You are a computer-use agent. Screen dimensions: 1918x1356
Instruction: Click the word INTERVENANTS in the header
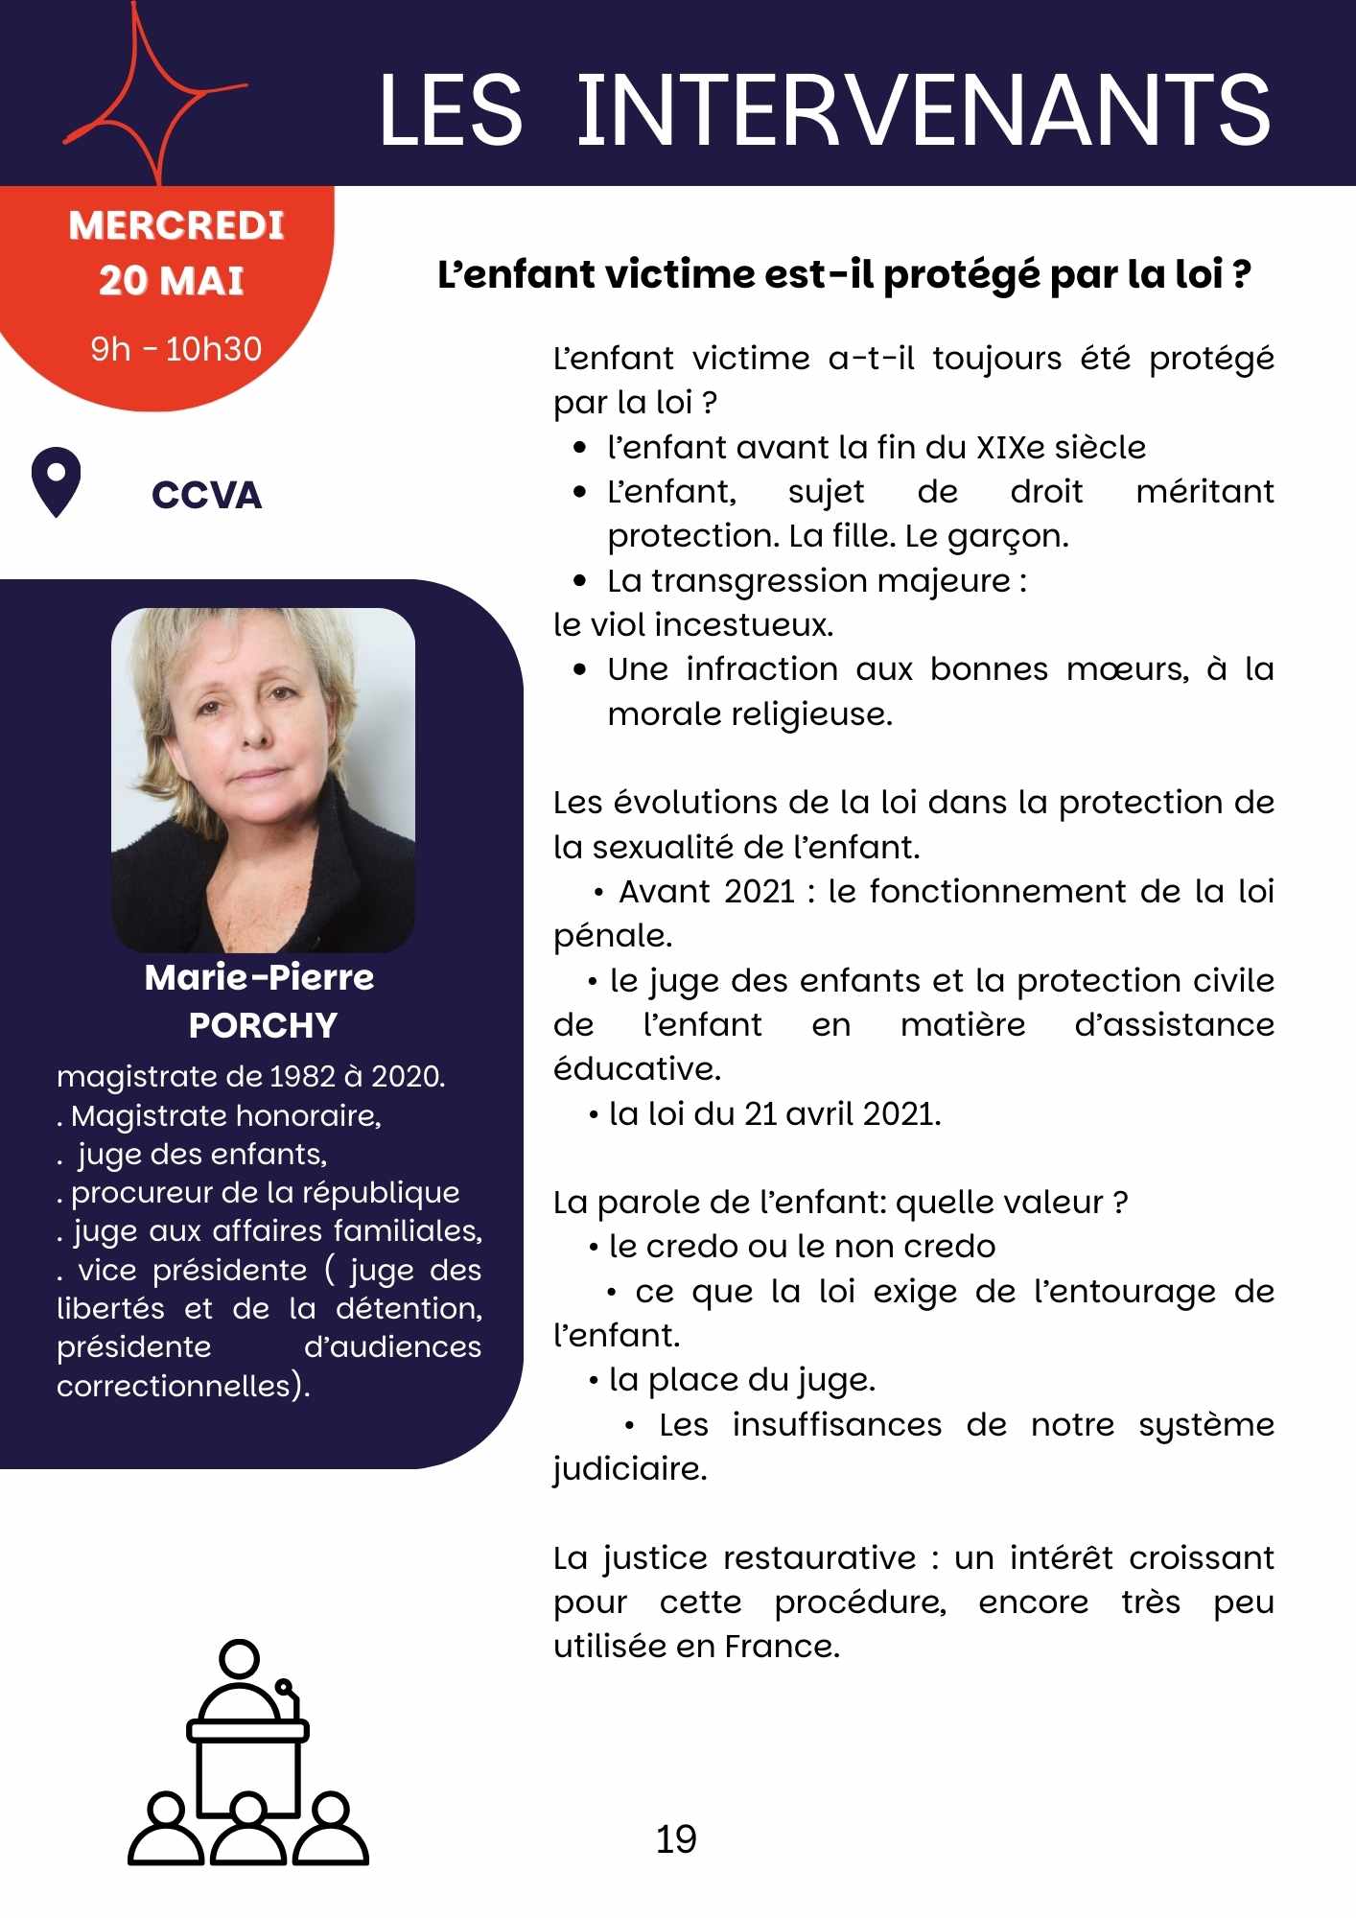coord(923,110)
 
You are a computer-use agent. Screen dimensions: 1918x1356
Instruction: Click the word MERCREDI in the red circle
coord(176,226)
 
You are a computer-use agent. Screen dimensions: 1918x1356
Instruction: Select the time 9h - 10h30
coord(176,349)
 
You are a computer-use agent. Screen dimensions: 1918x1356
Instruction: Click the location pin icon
coord(56,481)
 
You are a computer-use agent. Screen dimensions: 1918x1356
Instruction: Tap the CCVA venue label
coord(206,496)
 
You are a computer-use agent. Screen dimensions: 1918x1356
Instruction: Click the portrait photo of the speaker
coord(263,779)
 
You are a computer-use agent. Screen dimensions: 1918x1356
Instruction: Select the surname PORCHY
coord(263,1025)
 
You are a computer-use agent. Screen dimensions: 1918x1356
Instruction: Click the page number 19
coord(676,1839)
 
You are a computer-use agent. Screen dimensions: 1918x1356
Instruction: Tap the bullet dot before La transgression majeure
coord(579,581)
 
